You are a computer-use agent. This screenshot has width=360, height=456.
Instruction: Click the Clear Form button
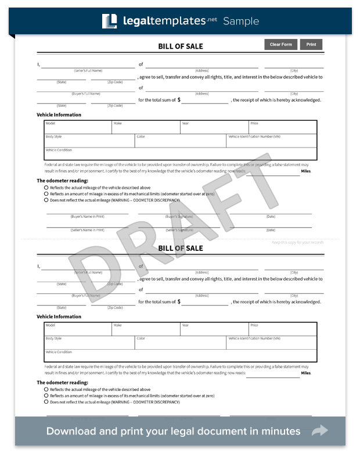[281, 45]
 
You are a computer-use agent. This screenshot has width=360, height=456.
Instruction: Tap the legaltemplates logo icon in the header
[110, 21]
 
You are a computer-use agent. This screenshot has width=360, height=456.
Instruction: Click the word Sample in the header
[241, 21]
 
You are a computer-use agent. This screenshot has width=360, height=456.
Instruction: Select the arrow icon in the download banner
[320, 431]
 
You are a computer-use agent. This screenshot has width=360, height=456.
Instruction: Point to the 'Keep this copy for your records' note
[297, 242]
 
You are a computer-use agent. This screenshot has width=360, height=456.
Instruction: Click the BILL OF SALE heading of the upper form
[181, 46]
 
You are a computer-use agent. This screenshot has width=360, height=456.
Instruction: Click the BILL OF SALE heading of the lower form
[181, 248]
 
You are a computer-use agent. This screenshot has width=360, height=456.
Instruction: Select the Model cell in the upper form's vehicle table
[78, 127]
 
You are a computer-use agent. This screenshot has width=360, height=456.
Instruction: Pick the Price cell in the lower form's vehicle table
[283, 329]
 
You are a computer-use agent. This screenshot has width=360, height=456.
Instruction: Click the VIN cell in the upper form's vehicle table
[271, 141]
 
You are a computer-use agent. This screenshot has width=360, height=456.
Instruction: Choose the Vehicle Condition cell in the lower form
[181, 356]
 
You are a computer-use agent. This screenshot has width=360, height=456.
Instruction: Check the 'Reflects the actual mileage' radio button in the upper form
[46, 188]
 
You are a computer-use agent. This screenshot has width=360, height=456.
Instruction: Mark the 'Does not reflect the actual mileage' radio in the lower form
[46, 401]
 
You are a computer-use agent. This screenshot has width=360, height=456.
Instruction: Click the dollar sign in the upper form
[179, 100]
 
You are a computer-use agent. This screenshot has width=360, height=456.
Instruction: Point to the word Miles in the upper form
[305, 171]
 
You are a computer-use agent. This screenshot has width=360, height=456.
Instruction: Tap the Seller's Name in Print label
[87, 230]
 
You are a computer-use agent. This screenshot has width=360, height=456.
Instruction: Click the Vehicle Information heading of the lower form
[59, 317]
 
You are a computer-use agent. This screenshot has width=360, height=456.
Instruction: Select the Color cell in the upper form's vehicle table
[180, 141]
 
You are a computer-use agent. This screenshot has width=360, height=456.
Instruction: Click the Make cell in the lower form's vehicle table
[146, 329]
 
